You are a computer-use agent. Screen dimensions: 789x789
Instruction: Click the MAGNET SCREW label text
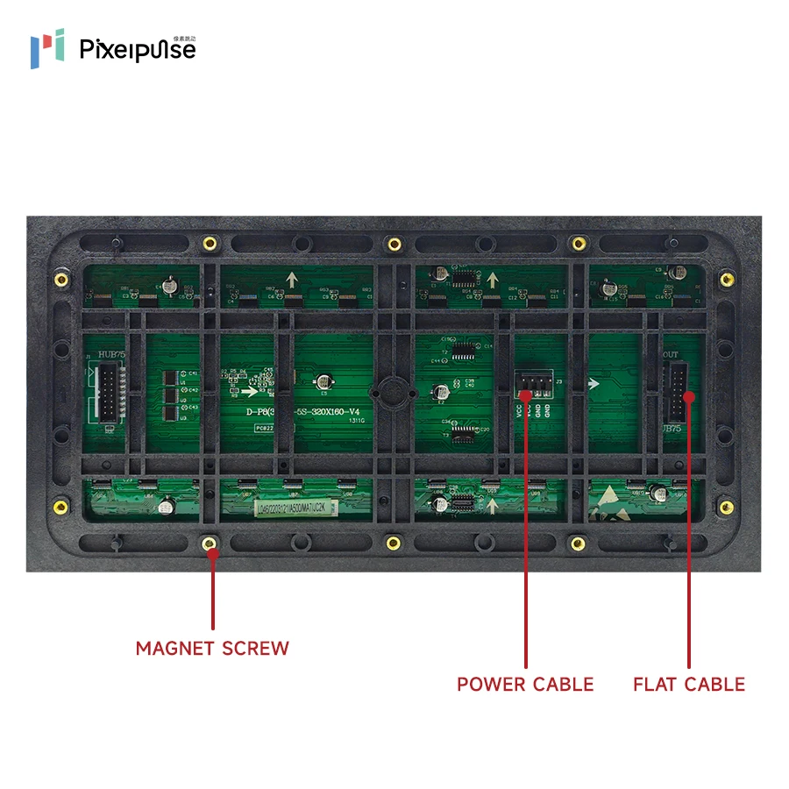click(x=212, y=649)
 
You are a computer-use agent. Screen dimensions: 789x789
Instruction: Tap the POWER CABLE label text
click(x=525, y=684)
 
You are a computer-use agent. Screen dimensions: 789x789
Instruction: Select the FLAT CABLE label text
click(x=689, y=684)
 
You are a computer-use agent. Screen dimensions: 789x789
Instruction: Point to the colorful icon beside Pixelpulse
click(x=47, y=47)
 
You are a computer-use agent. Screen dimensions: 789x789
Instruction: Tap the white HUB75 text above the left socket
click(x=111, y=353)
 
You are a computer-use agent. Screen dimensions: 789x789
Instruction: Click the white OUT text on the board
click(x=671, y=354)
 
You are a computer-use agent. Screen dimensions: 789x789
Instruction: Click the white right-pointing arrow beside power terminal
click(x=594, y=383)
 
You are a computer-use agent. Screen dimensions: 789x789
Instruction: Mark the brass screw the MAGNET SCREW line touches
click(x=210, y=544)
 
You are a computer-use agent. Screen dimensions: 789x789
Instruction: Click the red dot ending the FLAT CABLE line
click(x=689, y=396)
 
